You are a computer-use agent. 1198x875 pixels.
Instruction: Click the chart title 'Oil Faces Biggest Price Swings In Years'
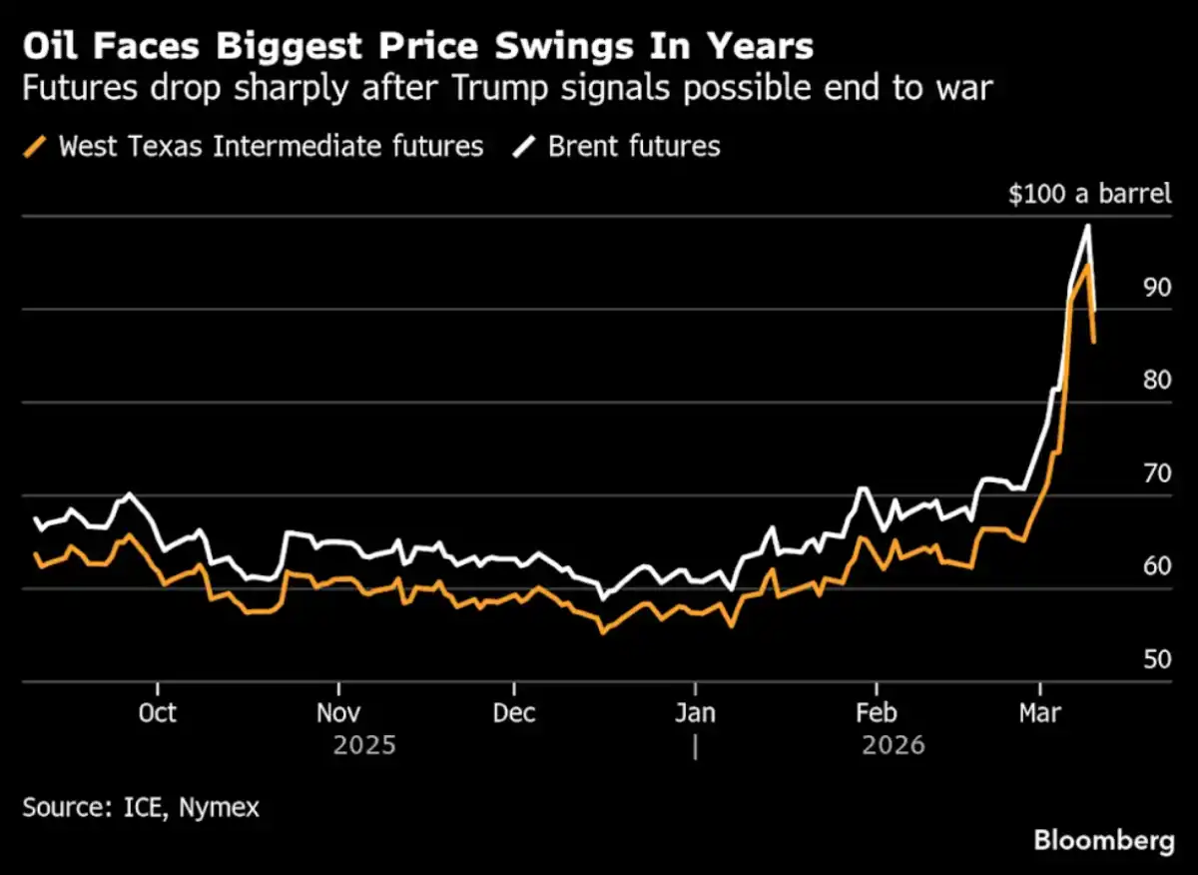[418, 46]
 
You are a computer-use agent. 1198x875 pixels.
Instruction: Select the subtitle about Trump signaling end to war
[508, 90]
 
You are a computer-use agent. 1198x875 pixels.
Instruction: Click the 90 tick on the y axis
[1157, 288]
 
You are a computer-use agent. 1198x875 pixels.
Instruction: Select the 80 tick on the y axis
[1157, 381]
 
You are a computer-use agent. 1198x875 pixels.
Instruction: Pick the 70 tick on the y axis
[1157, 473]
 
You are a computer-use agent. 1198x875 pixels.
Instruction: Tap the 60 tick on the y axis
[1157, 566]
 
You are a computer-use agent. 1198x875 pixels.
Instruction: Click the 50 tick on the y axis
[1157, 660]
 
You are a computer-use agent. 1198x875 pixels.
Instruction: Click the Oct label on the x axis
[157, 713]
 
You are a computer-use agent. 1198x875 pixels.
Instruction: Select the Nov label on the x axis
[337, 713]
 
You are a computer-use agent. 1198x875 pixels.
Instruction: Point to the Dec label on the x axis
[513, 713]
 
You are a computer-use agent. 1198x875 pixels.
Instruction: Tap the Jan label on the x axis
[695, 713]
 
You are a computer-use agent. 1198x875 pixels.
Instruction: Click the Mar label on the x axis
[1040, 713]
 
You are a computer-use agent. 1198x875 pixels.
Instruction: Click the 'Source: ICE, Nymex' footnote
[140, 807]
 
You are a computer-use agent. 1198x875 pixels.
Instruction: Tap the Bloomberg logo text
[1104, 841]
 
